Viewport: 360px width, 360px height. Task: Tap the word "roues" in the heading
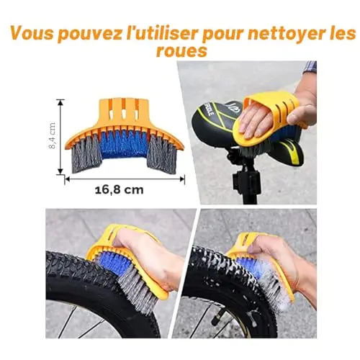pyautogui.click(x=181, y=51)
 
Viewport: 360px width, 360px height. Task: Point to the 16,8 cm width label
pyautogui.click(x=120, y=190)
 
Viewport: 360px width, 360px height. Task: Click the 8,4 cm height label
pyautogui.click(x=52, y=135)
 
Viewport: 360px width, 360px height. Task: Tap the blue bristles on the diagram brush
pyautogui.click(x=123, y=144)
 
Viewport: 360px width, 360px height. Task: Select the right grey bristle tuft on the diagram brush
pyautogui.click(x=161, y=156)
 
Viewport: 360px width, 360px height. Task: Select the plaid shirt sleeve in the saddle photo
pyautogui.click(x=310, y=68)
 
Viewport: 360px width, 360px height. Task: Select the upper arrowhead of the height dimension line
pyautogui.click(x=60, y=102)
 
